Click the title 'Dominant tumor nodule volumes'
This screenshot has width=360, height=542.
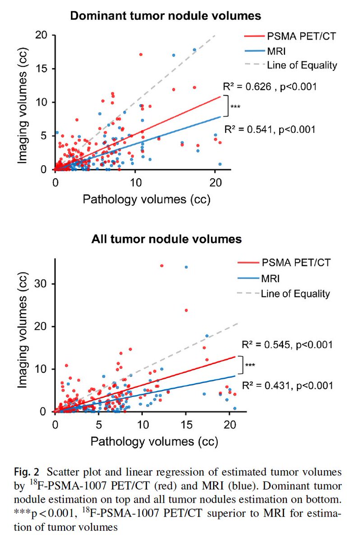[x=165, y=16]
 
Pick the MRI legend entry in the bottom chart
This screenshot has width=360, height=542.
[x=271, y=277]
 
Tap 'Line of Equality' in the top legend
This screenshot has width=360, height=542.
[x=302, y=65]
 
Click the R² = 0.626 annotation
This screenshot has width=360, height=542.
[x=268, y=86]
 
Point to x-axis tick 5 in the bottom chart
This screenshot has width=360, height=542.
[x=98, y=425]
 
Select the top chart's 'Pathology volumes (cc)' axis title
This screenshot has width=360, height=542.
[x=142, y=199]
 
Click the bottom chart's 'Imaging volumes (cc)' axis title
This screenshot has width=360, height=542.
[x=22, y=336]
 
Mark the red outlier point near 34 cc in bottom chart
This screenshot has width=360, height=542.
[x=162, y=266]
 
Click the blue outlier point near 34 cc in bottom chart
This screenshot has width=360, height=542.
[x=186, y=267]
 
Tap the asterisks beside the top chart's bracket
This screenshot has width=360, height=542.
[x=235, y=106]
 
